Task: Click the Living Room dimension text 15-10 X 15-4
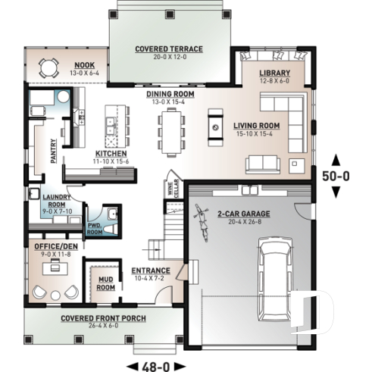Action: [257, 133]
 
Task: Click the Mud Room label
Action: [105, 283]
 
